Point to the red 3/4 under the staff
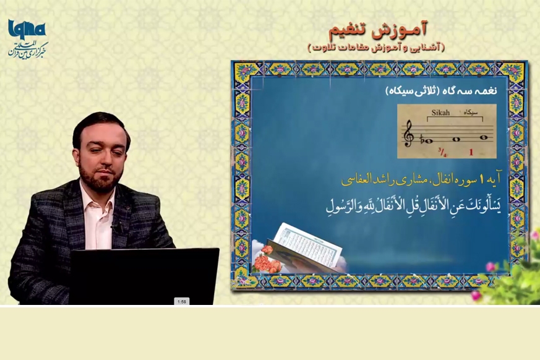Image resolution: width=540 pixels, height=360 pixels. pos(442,152)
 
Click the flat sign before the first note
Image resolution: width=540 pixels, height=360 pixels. pos(422,139)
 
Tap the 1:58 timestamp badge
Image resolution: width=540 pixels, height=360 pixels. pos(182,301)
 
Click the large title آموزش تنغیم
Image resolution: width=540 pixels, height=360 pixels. pos(378,30)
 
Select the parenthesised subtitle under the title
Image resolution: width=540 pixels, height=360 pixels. pos(376,47)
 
